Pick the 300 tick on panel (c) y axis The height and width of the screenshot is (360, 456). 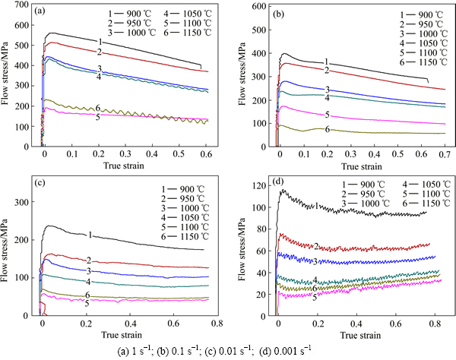coord(27,204)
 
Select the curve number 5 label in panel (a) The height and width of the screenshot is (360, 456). coord(98,117)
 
